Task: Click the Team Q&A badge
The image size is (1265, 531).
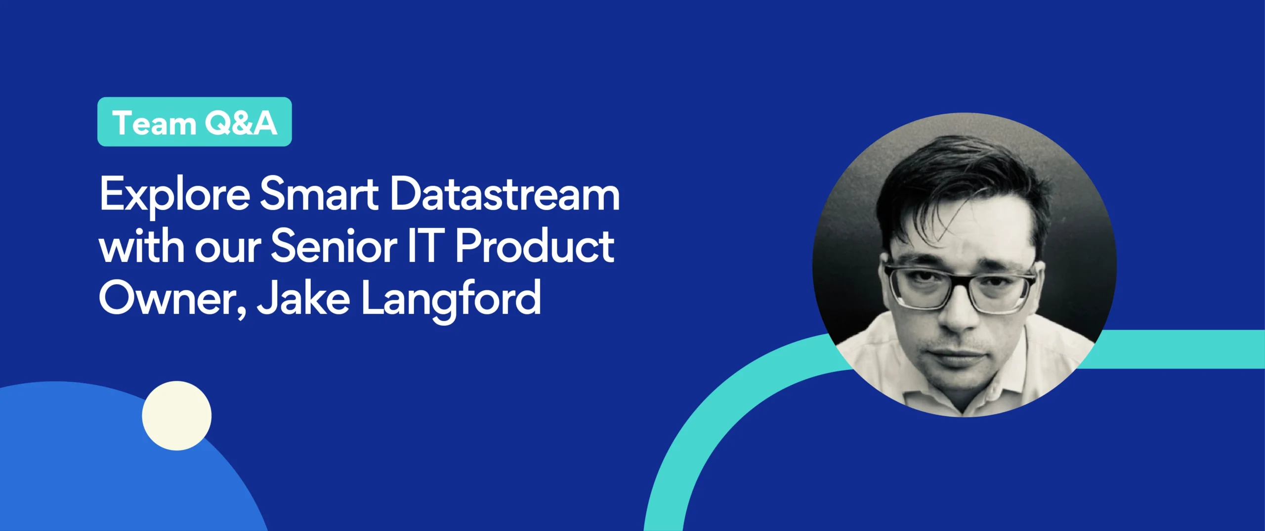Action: tap(195, 122)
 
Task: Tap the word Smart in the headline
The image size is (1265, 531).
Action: tap(319, 194)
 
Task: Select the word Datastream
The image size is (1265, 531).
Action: tap(505, 194)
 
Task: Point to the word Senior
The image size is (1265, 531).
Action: tap(334, 246)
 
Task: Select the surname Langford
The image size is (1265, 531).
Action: tap(451, 299)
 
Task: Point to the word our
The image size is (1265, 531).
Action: tap(228, 249)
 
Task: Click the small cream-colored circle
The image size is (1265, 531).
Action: tap(176, 415)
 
